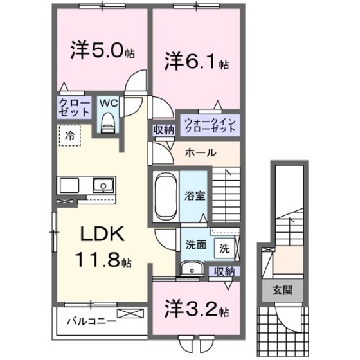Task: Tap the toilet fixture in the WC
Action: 107,120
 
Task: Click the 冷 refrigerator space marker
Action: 69,134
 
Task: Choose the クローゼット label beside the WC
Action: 75,107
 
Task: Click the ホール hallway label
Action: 201,153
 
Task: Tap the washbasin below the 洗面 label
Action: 190,269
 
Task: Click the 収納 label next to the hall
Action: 163,129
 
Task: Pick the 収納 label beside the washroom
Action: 224,271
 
